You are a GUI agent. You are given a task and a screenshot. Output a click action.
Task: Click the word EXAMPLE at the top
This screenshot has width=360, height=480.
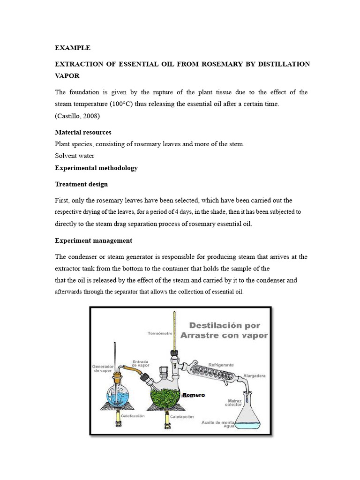73,48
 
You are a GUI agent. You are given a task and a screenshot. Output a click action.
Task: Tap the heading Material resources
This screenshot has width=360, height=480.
83,132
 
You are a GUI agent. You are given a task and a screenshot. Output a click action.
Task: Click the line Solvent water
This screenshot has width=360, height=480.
75,156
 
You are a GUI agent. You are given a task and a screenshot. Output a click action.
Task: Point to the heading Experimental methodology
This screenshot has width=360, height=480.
96,168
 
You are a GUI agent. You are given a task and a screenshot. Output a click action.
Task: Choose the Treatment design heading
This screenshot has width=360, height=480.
81,184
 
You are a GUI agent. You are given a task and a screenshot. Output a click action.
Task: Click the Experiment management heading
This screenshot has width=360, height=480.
93,240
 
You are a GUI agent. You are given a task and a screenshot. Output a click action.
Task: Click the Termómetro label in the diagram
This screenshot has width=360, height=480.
158,333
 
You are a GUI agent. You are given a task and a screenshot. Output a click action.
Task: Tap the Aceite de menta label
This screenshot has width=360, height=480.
217,422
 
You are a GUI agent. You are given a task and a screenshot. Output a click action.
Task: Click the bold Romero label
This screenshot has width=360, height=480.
193,395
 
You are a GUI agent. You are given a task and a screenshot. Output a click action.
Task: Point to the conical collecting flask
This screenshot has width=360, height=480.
250,415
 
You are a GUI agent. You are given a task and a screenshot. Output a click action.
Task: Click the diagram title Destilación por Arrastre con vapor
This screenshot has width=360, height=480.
228,330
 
